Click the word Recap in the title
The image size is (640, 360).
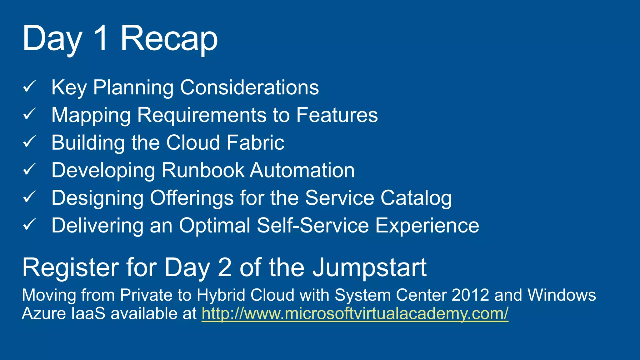169,39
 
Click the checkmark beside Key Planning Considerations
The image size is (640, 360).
30,87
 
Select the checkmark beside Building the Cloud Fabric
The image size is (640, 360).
30,142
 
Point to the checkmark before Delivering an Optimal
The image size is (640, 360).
30,225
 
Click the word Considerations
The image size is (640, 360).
249,87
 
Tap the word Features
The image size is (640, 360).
337,115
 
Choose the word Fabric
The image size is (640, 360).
255,142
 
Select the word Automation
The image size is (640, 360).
302,170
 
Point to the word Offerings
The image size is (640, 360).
192,198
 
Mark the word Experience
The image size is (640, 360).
427,226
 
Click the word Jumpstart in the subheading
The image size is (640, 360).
370,268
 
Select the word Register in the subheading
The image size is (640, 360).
71,268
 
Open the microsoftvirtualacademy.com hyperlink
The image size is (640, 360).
355,313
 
